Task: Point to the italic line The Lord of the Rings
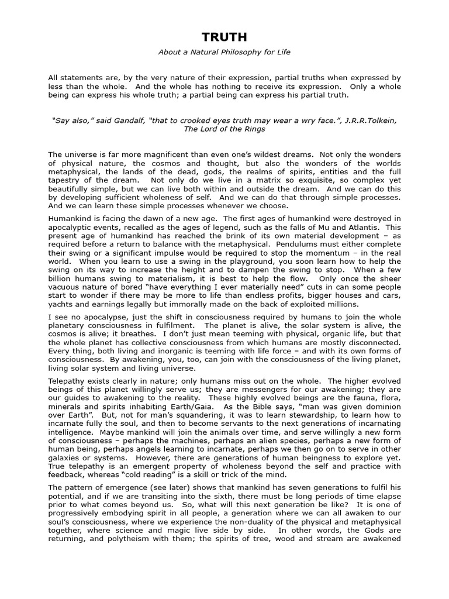click(x=224, y=129)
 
